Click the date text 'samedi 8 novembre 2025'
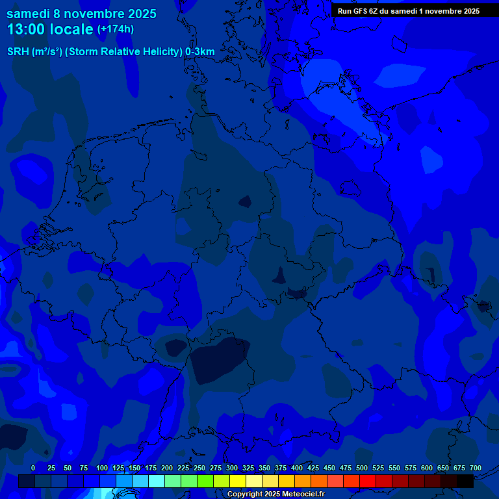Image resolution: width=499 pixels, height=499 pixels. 81,14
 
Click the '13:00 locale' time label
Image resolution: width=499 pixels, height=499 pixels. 50,30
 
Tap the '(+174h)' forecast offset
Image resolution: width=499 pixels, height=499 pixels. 115,29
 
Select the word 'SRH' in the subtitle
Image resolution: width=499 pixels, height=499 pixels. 18,52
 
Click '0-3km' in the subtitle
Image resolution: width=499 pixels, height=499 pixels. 200,52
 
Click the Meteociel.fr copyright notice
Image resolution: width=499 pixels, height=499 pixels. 275,494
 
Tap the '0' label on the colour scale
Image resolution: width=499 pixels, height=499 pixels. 33,468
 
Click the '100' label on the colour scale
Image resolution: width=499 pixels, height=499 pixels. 102,468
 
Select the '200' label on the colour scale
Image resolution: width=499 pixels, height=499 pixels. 167,468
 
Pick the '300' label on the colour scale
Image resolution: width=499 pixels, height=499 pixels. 232,468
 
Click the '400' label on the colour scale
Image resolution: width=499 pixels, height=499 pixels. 297,468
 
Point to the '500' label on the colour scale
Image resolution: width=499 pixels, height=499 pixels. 362,468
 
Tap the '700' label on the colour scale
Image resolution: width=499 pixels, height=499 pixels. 475,468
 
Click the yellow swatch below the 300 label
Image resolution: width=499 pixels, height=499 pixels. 238,481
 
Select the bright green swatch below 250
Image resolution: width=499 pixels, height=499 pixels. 205,481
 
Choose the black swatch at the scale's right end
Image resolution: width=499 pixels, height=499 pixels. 465,481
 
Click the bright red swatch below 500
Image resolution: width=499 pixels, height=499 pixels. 368,481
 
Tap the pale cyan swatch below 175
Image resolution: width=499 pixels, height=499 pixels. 157,481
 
